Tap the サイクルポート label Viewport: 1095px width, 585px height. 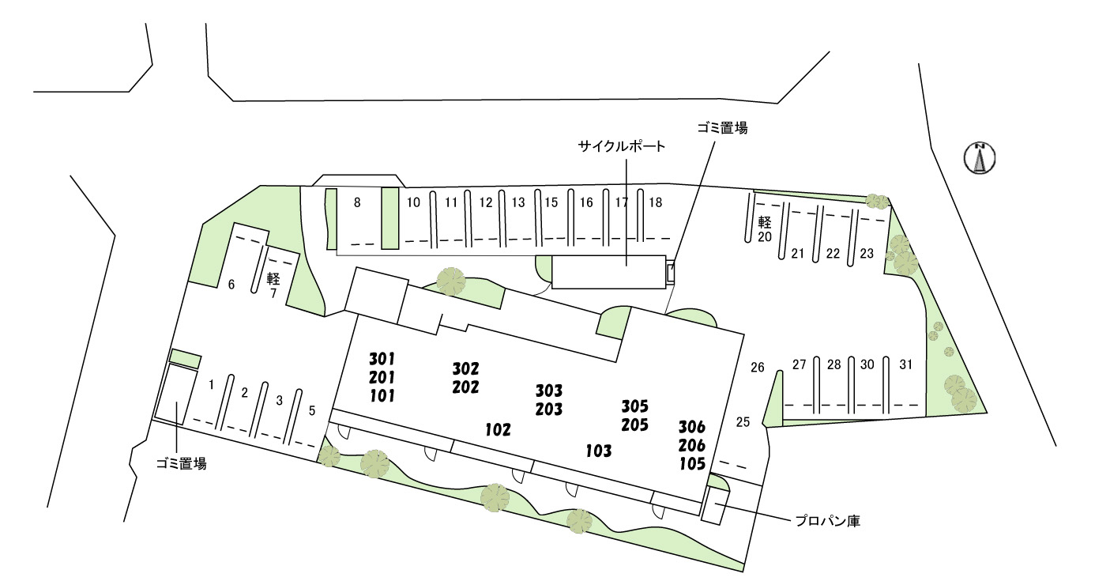click(622, 146)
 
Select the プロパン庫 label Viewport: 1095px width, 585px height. click(827, 521)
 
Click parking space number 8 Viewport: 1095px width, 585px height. click(357, 202)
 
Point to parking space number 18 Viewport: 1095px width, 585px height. click(655, 202)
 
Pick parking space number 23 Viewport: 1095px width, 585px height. click(867, 254)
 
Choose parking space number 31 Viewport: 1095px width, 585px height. click(905, 364)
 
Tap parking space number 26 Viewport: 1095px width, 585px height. click(758, 367)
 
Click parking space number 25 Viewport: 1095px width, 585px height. click(743, 421)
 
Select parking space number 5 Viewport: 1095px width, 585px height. click(312, 410)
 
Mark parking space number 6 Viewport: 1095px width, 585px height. click(231, 285)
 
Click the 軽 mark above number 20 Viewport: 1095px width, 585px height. click(764, 221)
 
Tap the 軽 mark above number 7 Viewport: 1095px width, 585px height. click(273, 278)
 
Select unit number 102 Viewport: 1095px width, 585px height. click(498, 430)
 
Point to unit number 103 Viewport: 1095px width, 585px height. click(599, 451)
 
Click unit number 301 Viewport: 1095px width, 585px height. click(382, 359)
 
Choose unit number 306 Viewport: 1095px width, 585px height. click(692, 428)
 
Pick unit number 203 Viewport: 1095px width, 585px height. click(549, 409)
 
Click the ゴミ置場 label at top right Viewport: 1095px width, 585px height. click(722, 128)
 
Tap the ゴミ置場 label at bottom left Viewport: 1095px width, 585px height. click(181, 465)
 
